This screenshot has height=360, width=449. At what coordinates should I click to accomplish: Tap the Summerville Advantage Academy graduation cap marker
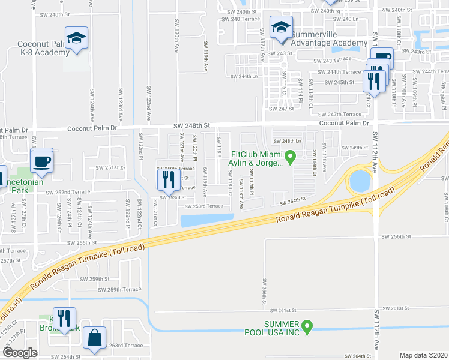pos(280,28)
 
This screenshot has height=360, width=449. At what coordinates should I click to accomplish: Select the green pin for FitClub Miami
pos(291,158)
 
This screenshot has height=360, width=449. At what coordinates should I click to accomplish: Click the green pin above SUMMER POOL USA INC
pos(307,327)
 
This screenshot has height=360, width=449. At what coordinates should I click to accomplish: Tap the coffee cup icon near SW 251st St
pos(41,161)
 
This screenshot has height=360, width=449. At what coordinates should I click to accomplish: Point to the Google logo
pos(20,353)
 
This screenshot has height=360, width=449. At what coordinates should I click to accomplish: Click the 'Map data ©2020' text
pos(423,355)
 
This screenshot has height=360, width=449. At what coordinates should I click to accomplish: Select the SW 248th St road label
pos(191,125)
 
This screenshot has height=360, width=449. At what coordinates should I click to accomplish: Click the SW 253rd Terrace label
pos(203,206)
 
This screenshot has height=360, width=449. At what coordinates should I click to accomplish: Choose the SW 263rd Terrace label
pos(125,346)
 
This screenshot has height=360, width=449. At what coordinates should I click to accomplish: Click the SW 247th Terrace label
pos(340,114)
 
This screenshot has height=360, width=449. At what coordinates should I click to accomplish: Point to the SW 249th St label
pos(354,148)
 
